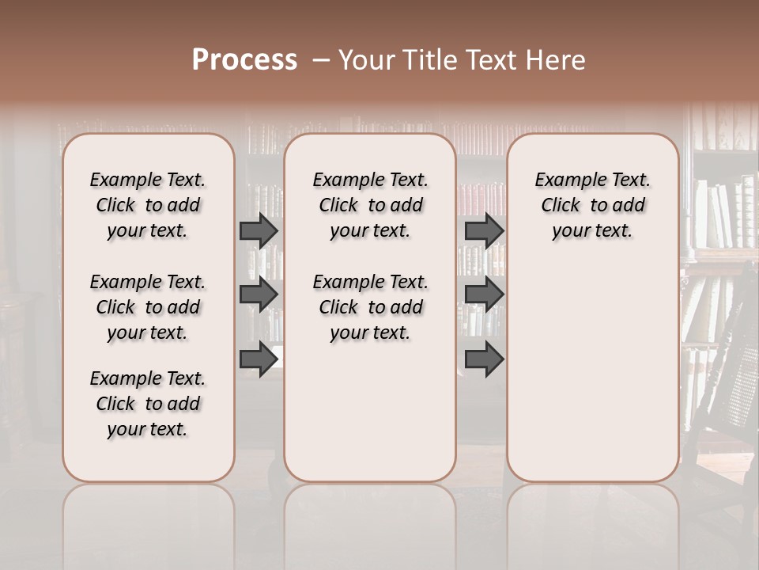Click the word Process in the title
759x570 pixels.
point(244,60)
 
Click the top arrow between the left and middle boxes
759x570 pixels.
point(259,230)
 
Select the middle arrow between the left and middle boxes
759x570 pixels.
point(259,294)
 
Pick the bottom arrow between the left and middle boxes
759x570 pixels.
point(259,359)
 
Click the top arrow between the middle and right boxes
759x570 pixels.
point(484,230)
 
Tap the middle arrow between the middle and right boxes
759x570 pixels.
point(484,294)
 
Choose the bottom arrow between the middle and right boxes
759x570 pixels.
point(484,359)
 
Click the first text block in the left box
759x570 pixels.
point(148,205)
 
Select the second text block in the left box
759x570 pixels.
point(148,307)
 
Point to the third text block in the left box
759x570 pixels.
point(148,404)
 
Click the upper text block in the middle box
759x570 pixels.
point(370,205)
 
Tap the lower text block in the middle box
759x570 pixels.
point(370,307)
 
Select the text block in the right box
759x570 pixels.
point(592,205)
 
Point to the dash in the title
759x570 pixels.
point(321,60)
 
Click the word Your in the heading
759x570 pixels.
point(363,60)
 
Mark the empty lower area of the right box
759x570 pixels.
point(592,364)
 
